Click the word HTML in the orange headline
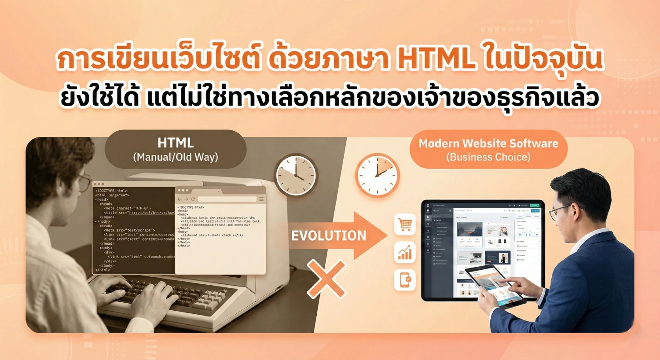(436, 60)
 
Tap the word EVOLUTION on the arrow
(329, 235)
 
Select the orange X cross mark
(326, 279)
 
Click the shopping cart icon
(405, 225)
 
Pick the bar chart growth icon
(405, 252)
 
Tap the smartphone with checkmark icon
(405, 280)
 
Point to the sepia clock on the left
(296, 175)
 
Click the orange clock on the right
(377, 175)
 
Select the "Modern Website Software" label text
(488, 143)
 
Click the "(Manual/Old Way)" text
(176, 157)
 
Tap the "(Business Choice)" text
(488, 157)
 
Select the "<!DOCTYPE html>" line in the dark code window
(111, 191)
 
